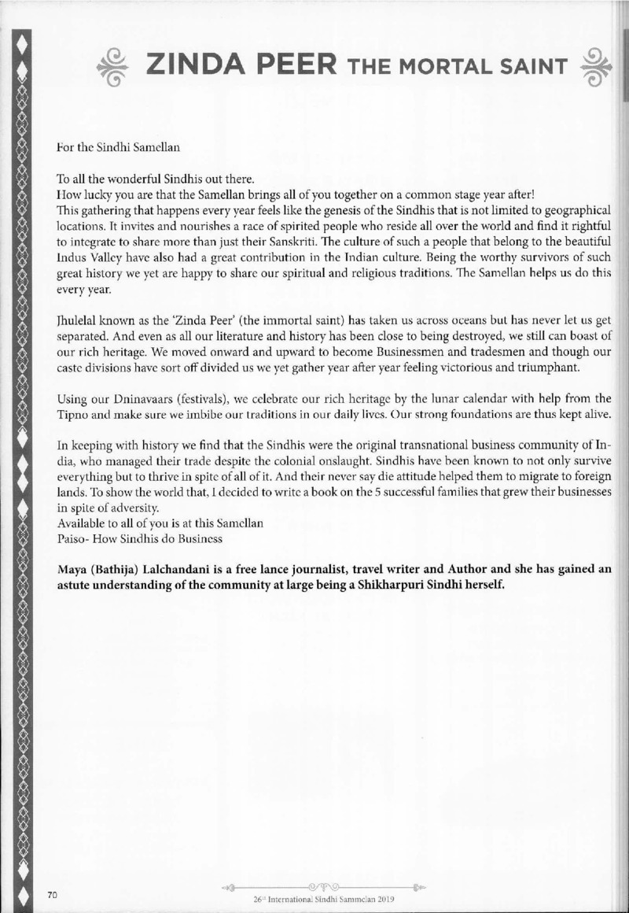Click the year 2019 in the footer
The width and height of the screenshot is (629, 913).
click(x=381, y=897)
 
